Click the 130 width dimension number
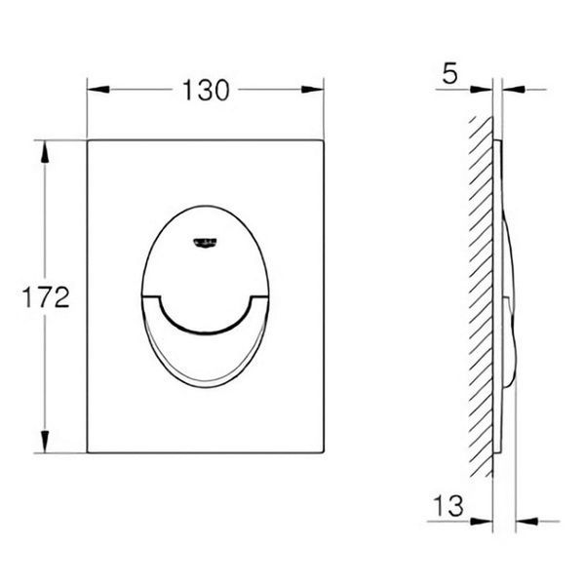[x=206, y=91]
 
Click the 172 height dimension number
[x=46, y=297]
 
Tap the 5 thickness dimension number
[x=449, y=73]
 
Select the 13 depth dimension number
[x=448, y=505]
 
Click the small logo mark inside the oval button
[x=205, y=243]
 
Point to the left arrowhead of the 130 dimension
[x=98, y=90]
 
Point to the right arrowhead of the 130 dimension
[x=312, y=90]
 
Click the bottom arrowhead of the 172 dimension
[x=45, y=442]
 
